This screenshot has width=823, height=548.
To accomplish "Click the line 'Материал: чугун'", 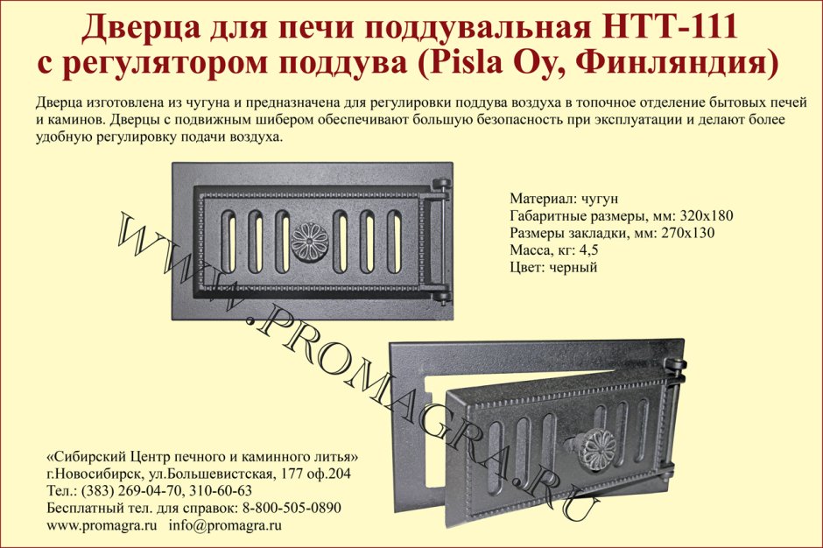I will pos(564,199).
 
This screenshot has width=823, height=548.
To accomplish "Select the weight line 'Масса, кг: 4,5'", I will pos(554,250).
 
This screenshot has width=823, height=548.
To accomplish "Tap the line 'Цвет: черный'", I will pos(553,267).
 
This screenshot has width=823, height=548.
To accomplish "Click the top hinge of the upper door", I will pos(440,186).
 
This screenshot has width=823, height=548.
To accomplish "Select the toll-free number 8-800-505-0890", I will pos(290,508).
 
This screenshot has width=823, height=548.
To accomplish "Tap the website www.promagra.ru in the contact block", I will pos(101,525).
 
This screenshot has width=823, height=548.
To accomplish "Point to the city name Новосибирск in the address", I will pos(91,474).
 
